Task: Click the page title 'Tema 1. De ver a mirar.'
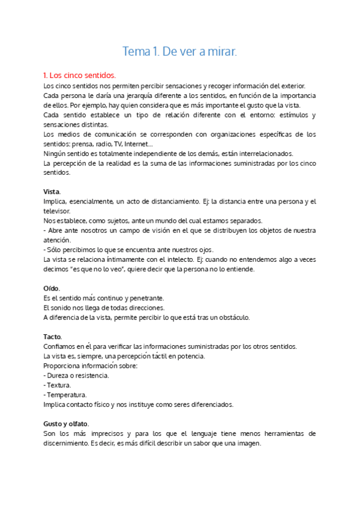[x=180, y=52]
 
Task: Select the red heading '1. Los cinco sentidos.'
[x=79, y=76]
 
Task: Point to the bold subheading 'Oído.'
[x=52, y=288]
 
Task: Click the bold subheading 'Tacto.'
[x=53, y=337]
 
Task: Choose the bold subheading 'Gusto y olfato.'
[x=67, y=424]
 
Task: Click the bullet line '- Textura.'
[x=58, y=385]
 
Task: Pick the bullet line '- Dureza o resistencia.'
[x=77, y=375]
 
